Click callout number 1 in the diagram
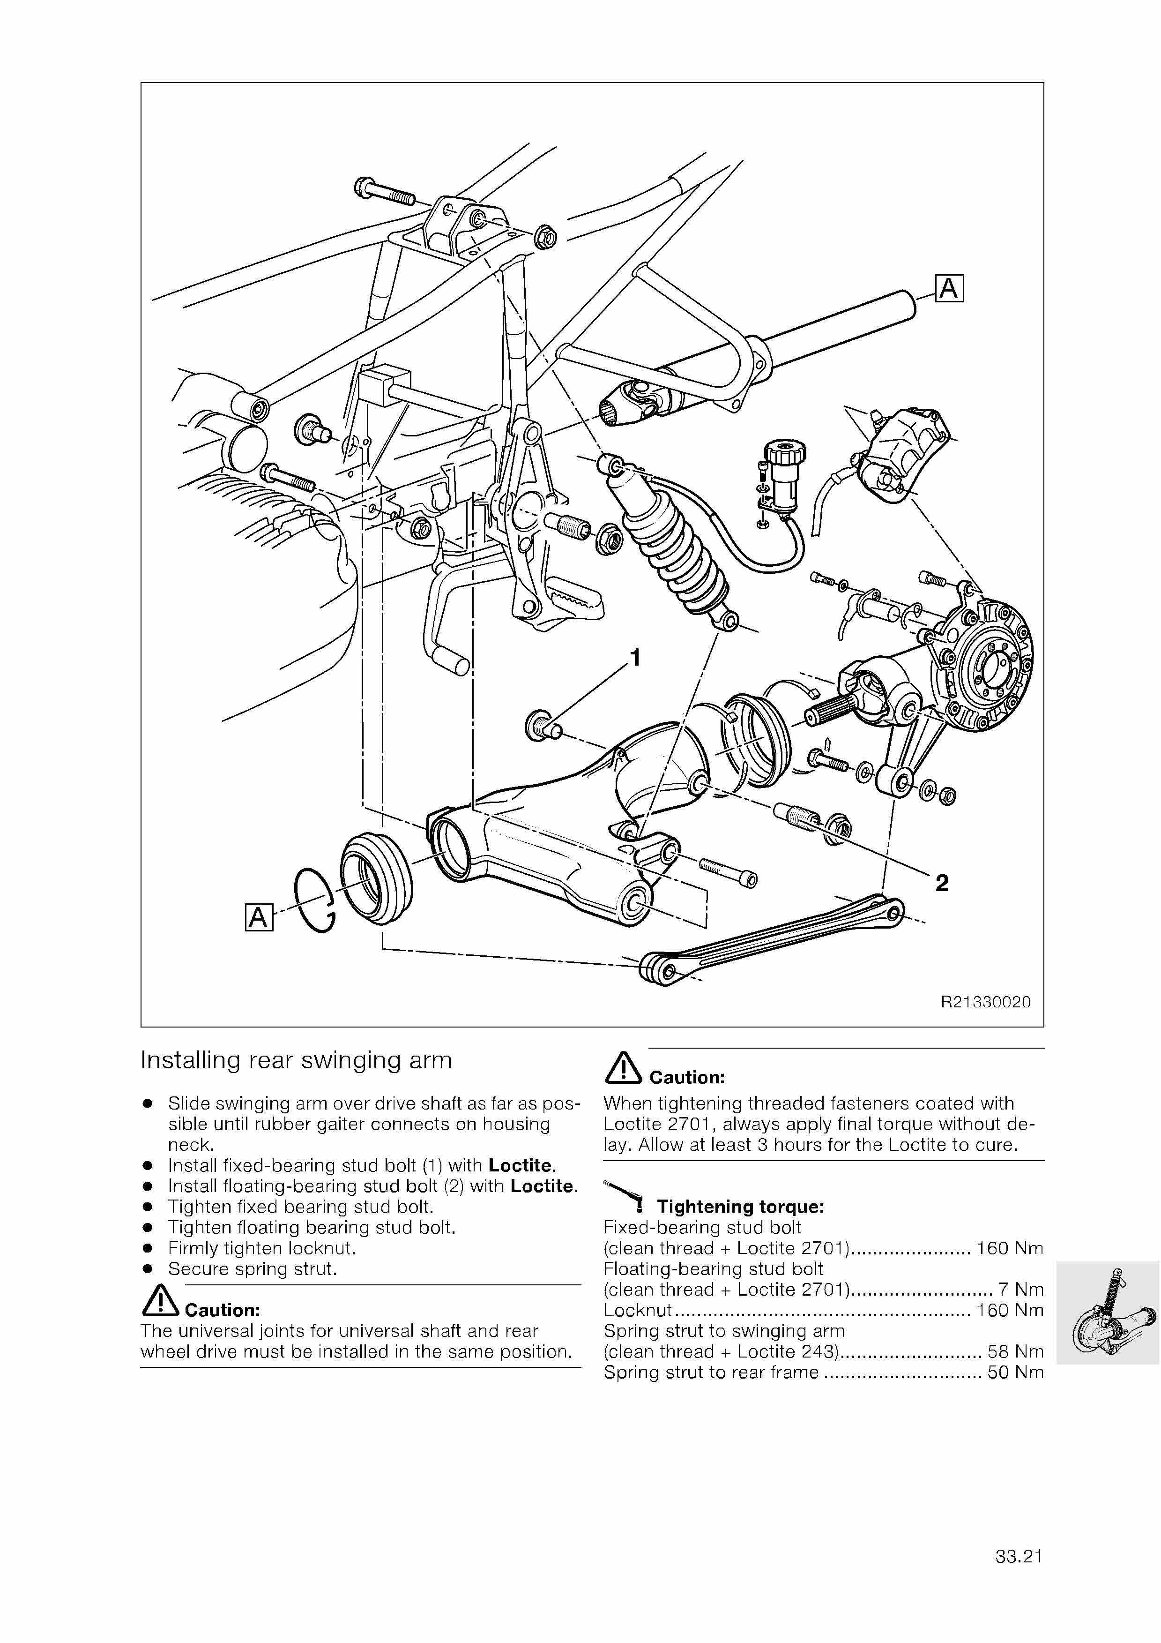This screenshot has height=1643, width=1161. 634,658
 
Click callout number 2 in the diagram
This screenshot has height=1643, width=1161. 942,884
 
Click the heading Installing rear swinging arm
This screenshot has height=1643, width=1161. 296,1060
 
